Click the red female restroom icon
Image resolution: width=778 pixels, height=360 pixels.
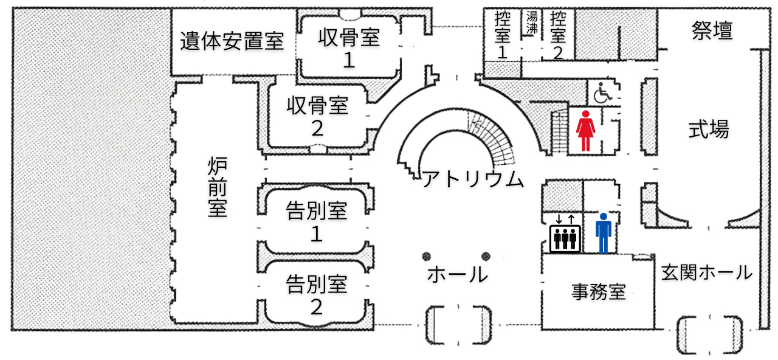[585, 130]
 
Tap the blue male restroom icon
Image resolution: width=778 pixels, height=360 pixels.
[603, 233]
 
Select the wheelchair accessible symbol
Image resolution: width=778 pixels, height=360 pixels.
[603, 93]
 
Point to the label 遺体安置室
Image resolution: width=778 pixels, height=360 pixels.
[232, 41]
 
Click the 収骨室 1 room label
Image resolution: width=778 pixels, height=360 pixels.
[349, 49]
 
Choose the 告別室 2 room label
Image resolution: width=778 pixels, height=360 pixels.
[316, 294]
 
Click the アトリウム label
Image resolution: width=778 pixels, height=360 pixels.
[472, 179]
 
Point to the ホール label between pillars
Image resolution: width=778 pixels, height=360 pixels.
[457, 274]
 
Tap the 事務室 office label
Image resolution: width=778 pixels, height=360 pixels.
[598, 292]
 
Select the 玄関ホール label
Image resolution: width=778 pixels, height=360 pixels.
[707, 272]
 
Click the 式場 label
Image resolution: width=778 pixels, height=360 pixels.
[709, 129]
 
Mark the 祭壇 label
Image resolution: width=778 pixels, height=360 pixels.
[712, 30]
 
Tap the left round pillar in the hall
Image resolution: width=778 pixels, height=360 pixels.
[427, 255]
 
